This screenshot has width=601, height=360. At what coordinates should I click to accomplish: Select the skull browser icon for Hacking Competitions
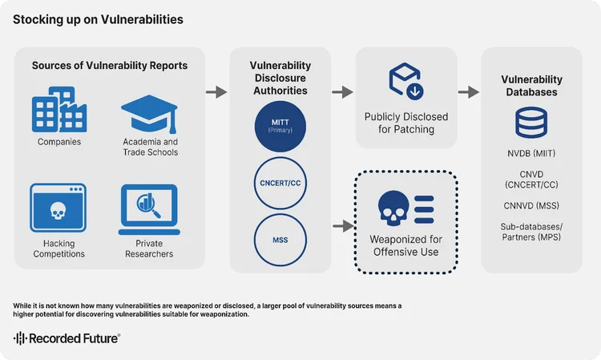[58, 208]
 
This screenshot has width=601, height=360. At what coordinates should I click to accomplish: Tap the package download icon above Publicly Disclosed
[405, 79]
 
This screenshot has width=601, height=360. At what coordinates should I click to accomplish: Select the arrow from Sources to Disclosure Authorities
[217, 92]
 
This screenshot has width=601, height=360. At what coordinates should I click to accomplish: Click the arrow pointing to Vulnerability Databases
[469, 92]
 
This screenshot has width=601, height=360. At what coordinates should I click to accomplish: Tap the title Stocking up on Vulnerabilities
[98, 19]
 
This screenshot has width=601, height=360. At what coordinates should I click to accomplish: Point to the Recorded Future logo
[67, 338]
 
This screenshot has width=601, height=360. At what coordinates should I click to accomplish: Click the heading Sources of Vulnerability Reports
[110, 66]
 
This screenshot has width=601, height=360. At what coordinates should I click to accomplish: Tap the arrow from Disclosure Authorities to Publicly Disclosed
[343, 92]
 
